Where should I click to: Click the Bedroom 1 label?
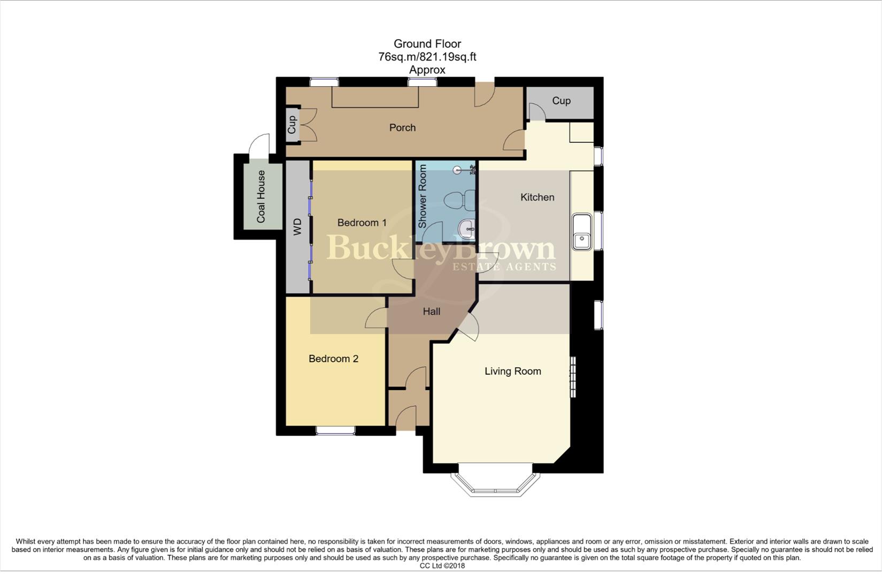click(362, 223)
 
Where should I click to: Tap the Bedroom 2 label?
click(333, 359)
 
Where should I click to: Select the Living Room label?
click(512, 371)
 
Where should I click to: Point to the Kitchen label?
click(537, 197)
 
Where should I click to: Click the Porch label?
click(402, 127)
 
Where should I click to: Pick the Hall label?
click(431, 311)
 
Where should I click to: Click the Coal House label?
click(261, 196)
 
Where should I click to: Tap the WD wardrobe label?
click(298, 226)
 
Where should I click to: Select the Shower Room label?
click(423, 196)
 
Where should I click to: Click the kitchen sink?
click(582, 232)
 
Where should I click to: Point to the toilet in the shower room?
click(459, 201)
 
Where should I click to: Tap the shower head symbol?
click(457, 170)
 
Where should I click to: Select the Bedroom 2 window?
click(335, 430)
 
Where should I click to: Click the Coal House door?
click(259, 144)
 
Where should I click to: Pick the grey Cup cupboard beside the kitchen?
click(561, 101)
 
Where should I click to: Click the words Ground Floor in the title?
click(427, 44)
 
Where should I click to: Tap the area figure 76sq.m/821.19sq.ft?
click(427, 57)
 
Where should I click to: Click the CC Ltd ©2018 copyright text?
click(442, 566)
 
